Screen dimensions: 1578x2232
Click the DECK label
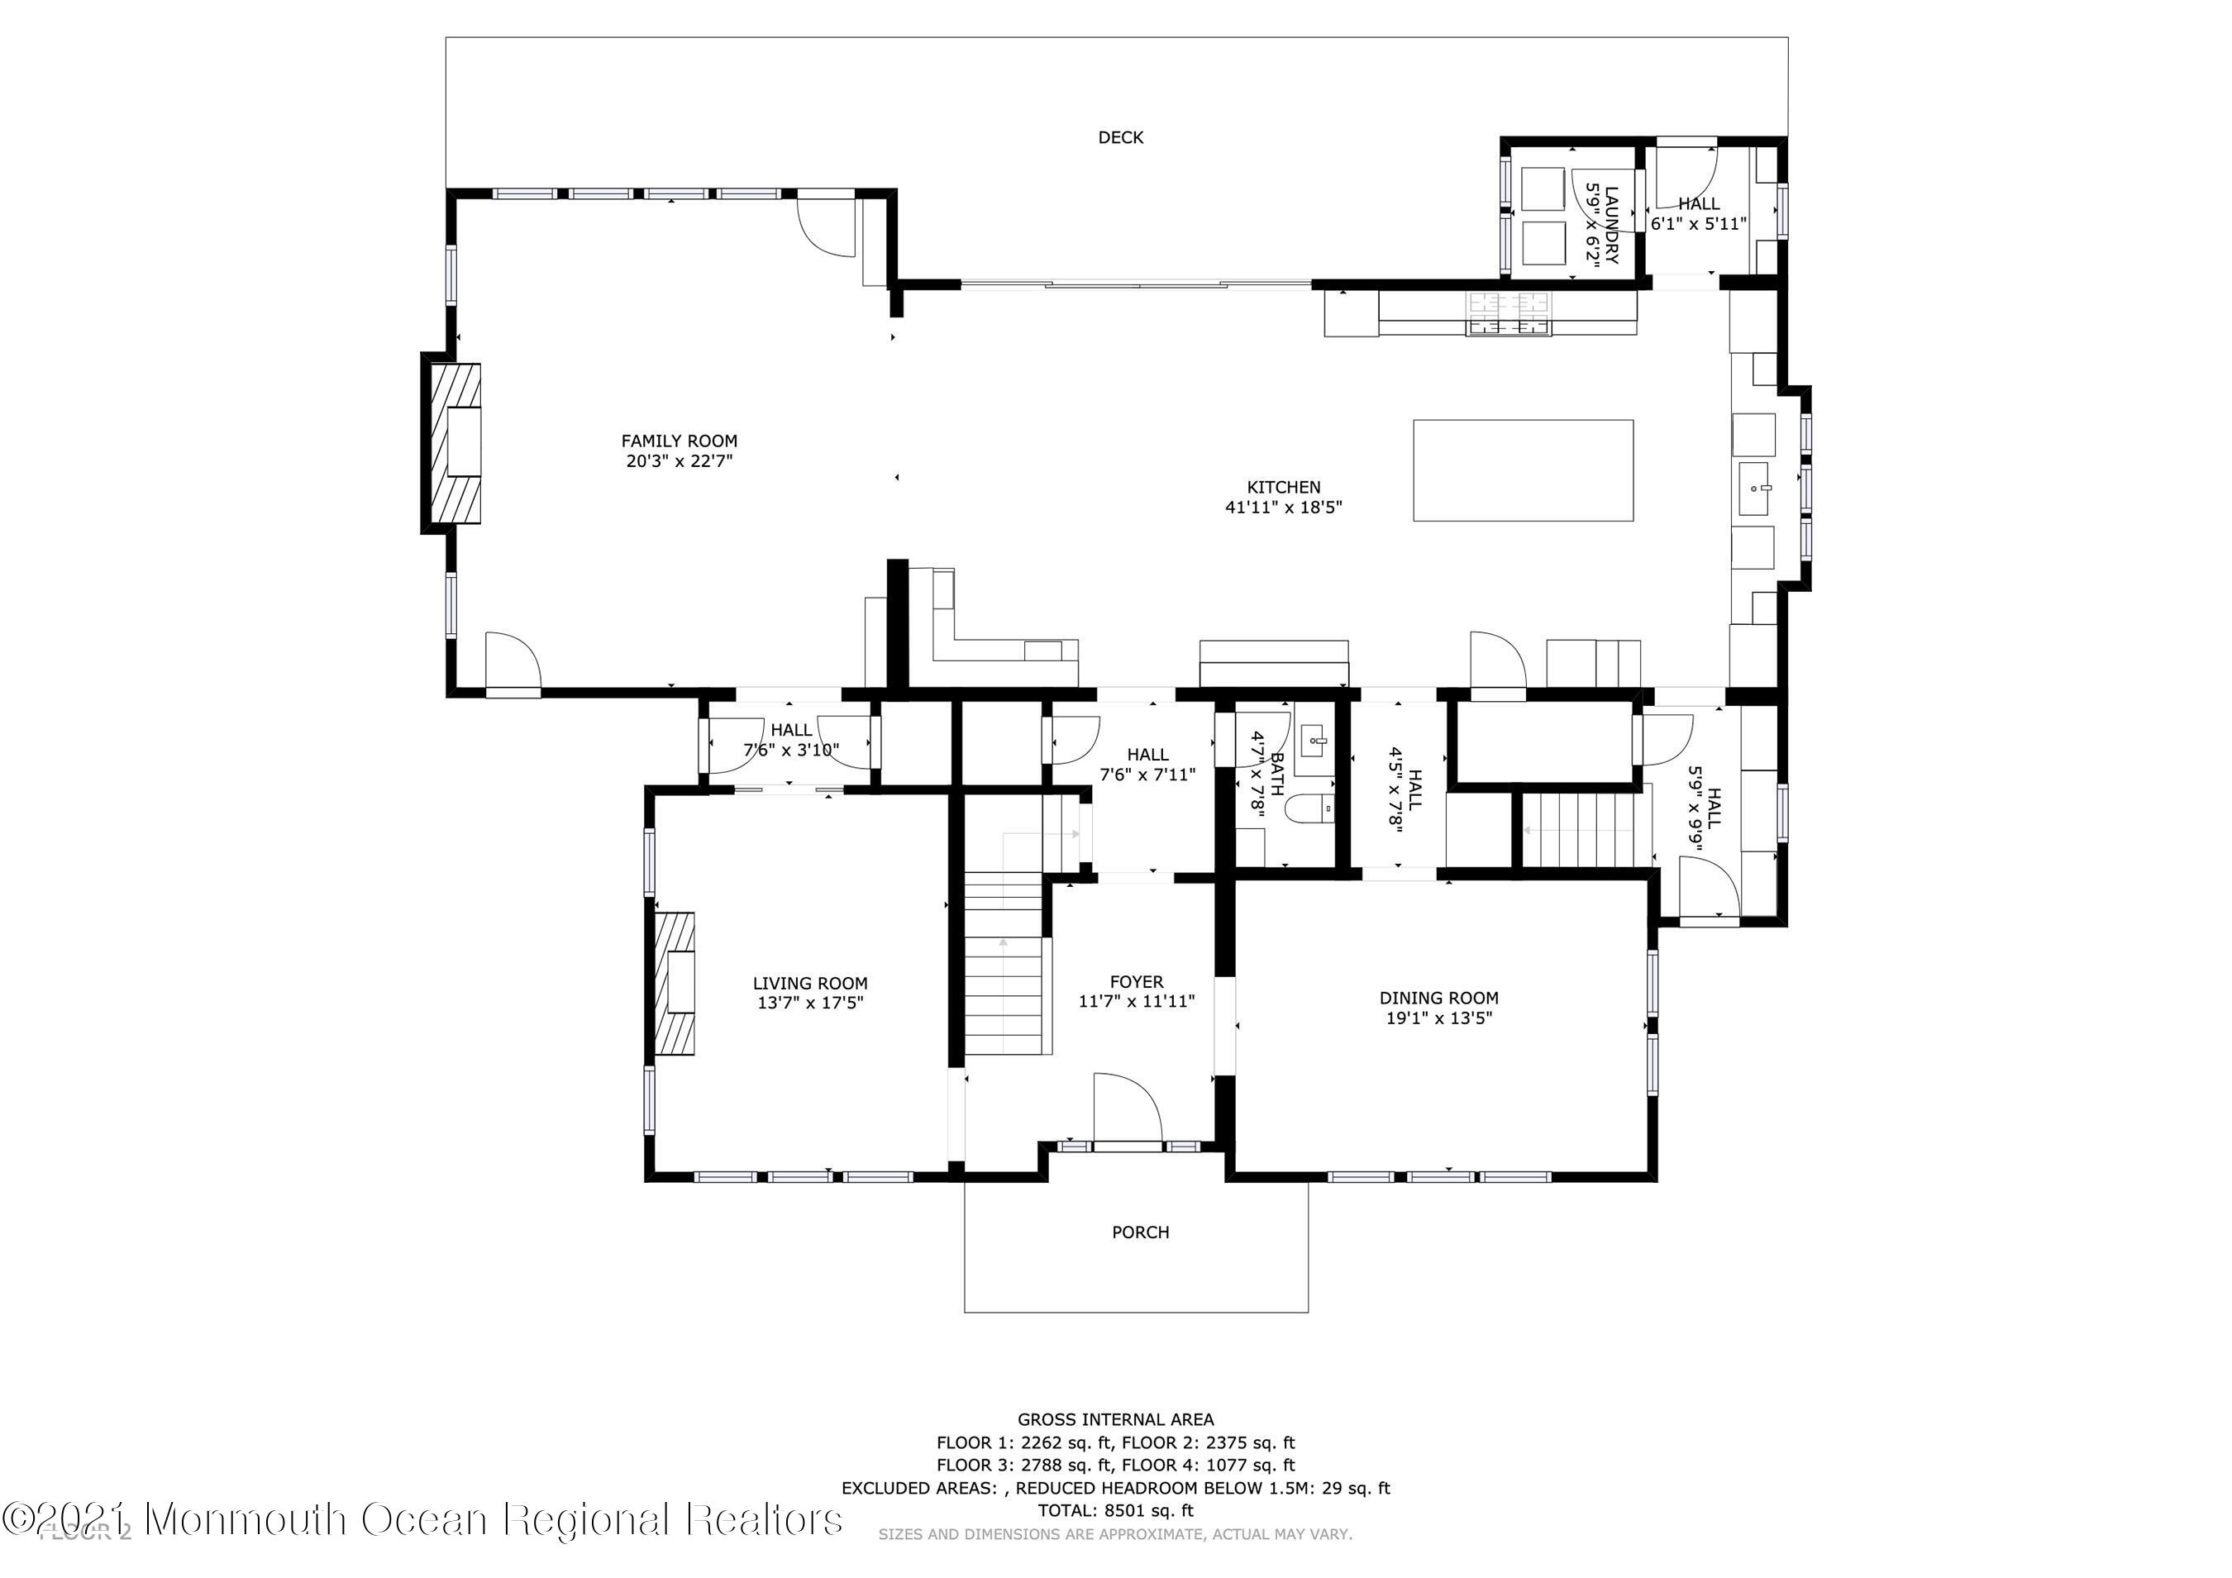point(1120,138)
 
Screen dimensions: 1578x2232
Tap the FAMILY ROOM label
point(679,441)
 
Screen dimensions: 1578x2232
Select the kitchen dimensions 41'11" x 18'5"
point(1283,508)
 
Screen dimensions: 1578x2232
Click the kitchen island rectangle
point(1523,470)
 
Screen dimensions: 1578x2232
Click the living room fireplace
point(675,983)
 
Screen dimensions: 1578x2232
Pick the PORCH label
point(1140,1232)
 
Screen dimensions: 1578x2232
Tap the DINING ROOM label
point(1438,998)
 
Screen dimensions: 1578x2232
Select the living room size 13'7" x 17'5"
point(810,1004)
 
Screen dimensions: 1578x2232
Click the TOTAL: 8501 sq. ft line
point(1115,1511)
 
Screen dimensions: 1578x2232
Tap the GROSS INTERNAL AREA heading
point(1115,1419)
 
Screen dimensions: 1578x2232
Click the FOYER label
point(1137,982)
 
